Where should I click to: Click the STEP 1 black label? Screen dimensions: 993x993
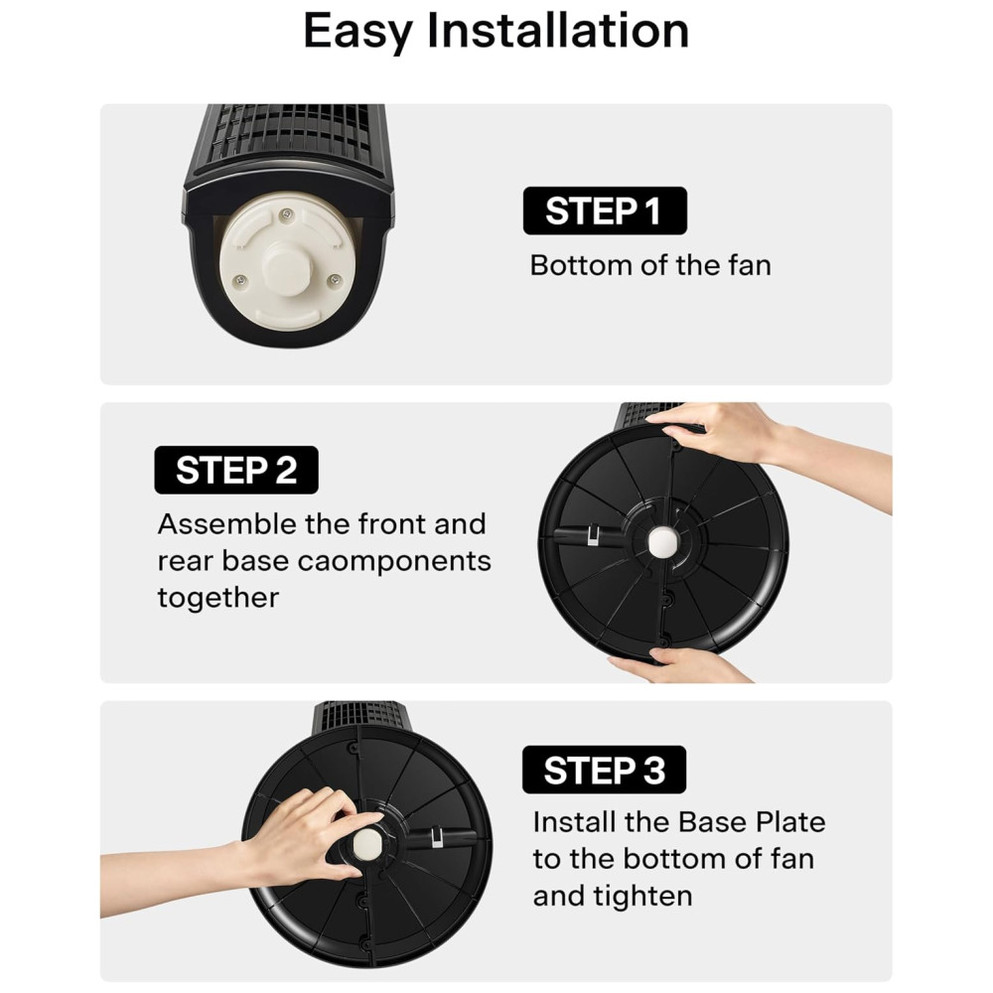(x=605, y=211)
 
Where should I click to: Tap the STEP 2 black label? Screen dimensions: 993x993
(x=236, y=470)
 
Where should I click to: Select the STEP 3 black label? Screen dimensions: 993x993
(x=604, y=770)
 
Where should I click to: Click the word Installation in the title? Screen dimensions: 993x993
(x=558, y=31)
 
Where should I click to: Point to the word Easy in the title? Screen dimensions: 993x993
(x=357, y=32)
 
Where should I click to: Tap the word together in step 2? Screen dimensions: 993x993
(x=217, y=599)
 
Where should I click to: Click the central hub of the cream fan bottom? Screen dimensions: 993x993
(x=287, y=265)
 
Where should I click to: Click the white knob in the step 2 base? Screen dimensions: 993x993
(x=663, y=543)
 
